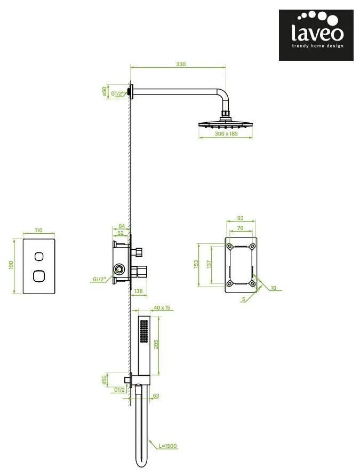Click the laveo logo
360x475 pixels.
[316, 35]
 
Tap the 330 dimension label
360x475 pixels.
[181, 65]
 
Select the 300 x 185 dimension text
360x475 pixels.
[226, 133]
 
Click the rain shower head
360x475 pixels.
[226, 124]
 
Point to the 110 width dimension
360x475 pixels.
[39, 231]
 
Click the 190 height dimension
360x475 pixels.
[11, 265]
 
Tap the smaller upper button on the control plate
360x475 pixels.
[39, 256]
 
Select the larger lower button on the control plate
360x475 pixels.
[39, 276]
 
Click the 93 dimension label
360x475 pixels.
[240, 218]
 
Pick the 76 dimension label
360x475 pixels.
[240, 228]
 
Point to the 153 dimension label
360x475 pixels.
[196, 264]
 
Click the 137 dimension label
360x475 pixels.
[209, 264]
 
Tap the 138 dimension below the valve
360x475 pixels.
[138, 291]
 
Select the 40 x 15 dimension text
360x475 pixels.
[162, 308]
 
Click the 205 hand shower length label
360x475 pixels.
[156, 344]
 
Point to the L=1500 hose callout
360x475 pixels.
[168, 446]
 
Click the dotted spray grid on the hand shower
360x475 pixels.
[143, 332]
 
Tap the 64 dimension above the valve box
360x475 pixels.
[122, 226]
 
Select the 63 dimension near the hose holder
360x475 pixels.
[156, 395]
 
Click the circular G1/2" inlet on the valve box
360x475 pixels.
[119, 268]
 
